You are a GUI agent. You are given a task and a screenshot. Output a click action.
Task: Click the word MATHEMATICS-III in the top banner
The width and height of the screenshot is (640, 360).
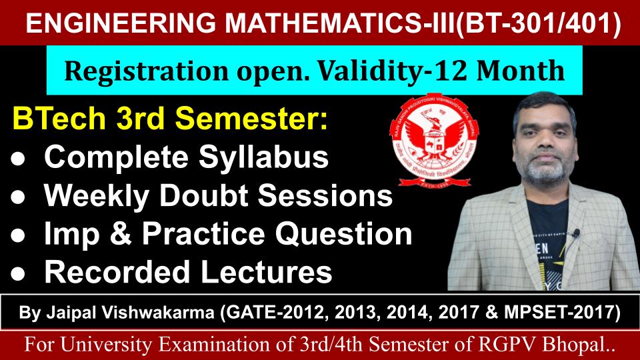tap(339, 23)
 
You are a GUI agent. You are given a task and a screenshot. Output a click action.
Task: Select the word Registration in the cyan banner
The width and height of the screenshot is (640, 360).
tap(146, 71)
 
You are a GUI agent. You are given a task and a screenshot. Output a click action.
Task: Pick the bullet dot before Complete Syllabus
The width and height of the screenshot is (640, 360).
tap(18, 159)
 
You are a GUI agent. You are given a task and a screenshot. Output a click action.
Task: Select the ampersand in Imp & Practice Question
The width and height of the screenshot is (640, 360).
tap(121, 234)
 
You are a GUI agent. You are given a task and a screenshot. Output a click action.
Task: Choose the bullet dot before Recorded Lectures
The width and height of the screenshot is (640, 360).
tap(18, 273)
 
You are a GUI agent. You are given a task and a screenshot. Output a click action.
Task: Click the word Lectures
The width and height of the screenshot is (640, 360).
tap(266, 272)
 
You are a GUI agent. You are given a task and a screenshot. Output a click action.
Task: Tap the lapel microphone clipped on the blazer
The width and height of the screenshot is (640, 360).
tap(576, 233)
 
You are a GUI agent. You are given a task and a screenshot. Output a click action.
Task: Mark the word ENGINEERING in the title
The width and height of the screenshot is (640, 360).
tap(121, 23)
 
